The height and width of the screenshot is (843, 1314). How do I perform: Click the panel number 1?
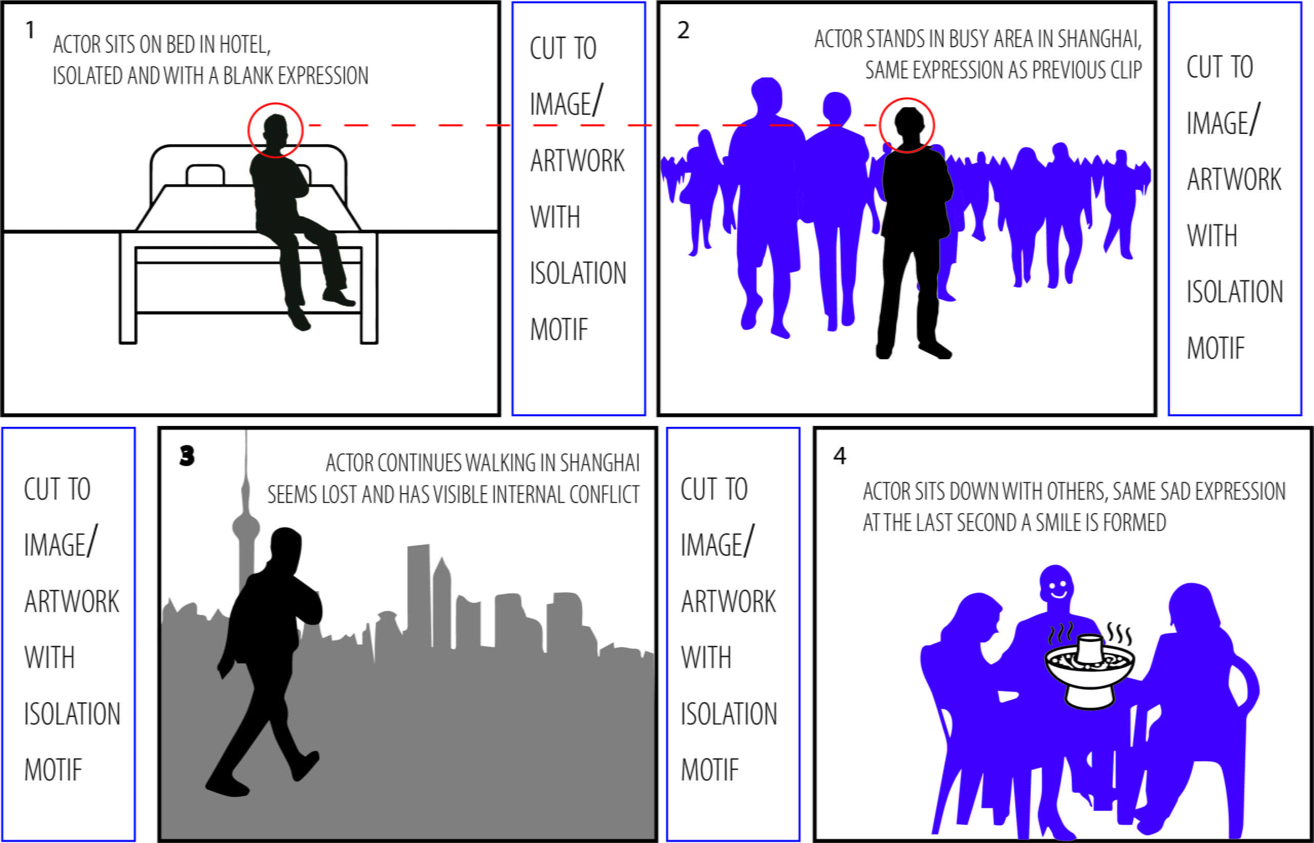coord(30,30)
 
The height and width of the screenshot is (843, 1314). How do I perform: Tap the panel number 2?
coord(683,30)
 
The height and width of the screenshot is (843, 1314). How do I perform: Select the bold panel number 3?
coord(187,456)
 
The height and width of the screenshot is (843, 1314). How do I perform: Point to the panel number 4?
coord(840,456)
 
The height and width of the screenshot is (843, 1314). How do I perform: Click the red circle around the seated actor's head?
coord(276,130)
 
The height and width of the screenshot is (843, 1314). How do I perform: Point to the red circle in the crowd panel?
coord(906,125)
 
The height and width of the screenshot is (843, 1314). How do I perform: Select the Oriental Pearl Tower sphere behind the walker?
coord(245,527)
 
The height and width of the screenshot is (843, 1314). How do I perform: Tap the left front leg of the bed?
coord(128,290)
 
